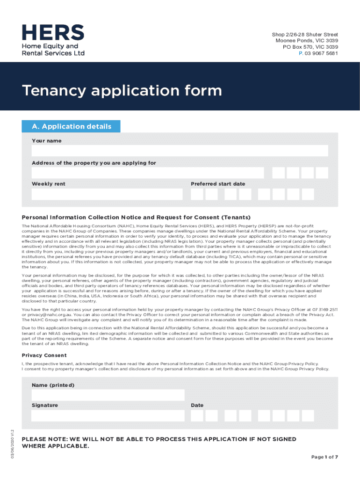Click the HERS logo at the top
(x=53, y=40)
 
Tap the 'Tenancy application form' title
(x=122, y=90)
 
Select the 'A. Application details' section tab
(x=72, y=127)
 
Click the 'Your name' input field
(x=180, y=151)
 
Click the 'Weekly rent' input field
(x=107, y=194)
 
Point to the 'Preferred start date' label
(x=218, y=184)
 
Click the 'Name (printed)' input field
(x=108, y=395)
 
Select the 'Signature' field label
(x=45, y=405)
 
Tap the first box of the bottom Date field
(x=197, y=415)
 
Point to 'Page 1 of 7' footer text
(x=324, y=457)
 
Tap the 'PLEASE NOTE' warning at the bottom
(x=159, y=443)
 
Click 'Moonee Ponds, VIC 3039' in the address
(x=307, y=41)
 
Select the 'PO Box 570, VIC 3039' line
(x=310, y=47)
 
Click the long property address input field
(x=148, y=173)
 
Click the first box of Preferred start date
(x=197, y=194)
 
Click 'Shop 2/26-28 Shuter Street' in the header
(x=305, y=35)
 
